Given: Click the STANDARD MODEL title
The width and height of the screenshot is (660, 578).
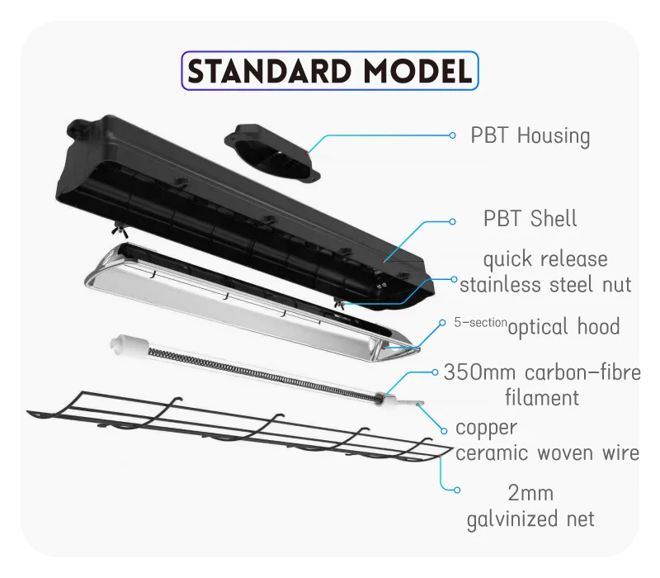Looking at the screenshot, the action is coord(329,71).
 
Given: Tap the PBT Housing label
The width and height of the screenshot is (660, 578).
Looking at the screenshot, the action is coord(530,136).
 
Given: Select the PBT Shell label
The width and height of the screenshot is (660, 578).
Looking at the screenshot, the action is coord(530,219).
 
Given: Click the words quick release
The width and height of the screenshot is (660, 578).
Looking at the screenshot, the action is coord(545,259).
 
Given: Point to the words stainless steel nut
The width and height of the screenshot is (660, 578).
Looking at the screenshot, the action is coord(545,284).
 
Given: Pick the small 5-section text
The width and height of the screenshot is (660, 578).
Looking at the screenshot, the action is coord(480,322).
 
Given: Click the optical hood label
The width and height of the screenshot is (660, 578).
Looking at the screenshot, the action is coord(563,327).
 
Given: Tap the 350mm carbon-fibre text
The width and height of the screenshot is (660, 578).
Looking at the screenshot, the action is coord(542,372).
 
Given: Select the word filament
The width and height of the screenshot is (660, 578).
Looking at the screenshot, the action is coord(542,398).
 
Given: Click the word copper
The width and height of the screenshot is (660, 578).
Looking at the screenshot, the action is coord(486,429).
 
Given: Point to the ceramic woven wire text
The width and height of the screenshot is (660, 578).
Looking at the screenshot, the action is coord(547,452).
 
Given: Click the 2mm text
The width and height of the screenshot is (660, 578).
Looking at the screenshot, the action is coord(530,493).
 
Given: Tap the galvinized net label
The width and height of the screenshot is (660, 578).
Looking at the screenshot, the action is coord(530,519).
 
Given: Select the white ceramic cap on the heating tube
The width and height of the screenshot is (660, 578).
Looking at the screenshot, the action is coord(125,344).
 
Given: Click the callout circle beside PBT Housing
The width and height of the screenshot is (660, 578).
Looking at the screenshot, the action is coord(452,135).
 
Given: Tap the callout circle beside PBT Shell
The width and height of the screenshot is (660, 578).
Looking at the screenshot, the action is coord(452,221).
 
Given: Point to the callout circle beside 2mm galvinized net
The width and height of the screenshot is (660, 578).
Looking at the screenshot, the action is coord(457,490).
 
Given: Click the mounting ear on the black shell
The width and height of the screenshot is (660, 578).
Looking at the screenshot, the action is coord(79,127).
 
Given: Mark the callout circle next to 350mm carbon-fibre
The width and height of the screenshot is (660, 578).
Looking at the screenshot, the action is coord(435,372).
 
